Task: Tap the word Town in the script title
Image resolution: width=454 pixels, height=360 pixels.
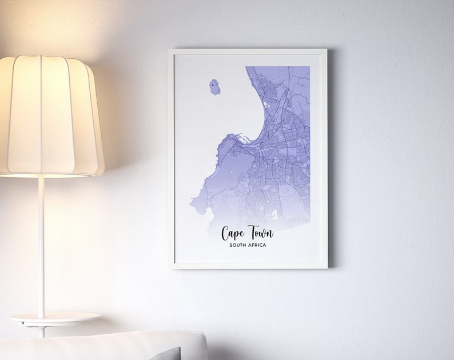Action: pyautogui.click(x=260, y=233)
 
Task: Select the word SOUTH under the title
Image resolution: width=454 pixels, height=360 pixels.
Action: pyautogui.click(x=239, y=246)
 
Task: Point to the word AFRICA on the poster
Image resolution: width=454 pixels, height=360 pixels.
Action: pyautogui.click(x=258, y=246)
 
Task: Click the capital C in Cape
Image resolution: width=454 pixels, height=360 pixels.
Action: pyautogui.click(x=226, y=233)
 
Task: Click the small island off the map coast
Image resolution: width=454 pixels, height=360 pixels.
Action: pyautogui.click(x=214, y=87)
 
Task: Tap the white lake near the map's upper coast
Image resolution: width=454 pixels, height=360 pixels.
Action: pyautogui.click(x=267, y=105)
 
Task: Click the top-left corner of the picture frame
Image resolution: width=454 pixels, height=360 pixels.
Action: pyautogui.click(x=170, y=50)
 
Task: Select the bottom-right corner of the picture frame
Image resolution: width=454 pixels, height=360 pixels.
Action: pyautogui.click(x=326, y=267)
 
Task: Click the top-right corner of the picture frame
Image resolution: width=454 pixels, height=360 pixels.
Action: pyautogui.click(x=326, y=50)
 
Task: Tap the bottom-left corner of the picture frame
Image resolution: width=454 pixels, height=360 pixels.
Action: pyautogui.click(x=170, y=267)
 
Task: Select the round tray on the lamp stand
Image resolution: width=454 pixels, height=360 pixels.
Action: pyautogui.click(x=55, y=317)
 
